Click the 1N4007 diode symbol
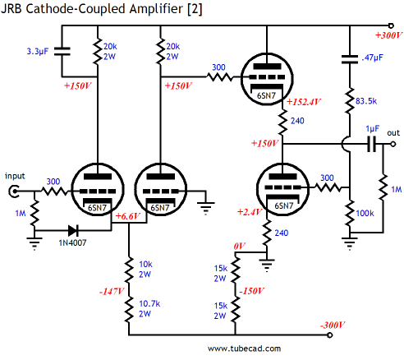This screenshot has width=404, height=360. [73, 231]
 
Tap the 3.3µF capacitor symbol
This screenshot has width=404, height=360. [62, 51]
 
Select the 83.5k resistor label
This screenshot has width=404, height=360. [366, 101]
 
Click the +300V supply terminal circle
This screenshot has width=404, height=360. [391, 25]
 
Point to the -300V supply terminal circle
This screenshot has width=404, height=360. [330, 335]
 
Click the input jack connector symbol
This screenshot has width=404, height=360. [14, 191]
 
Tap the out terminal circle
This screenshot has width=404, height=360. [393, 144]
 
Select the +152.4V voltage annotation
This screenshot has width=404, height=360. [304, 102]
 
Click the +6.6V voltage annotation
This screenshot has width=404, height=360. [128, 216]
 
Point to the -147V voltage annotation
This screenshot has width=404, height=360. [112, 291]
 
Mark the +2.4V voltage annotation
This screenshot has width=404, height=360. [250, 212]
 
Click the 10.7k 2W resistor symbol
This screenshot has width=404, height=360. [129, 310]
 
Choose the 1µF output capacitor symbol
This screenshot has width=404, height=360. [372, 144]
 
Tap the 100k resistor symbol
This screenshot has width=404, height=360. [350, 214]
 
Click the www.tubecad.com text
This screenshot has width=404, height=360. [244, 348]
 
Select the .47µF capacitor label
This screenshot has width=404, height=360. [372, 58]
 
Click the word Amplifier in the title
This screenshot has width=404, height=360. [156, 9]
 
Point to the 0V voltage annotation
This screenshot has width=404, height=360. [240, 246]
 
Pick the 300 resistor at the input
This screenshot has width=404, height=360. [55, 191]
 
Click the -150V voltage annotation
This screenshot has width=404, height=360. [252, 291]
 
